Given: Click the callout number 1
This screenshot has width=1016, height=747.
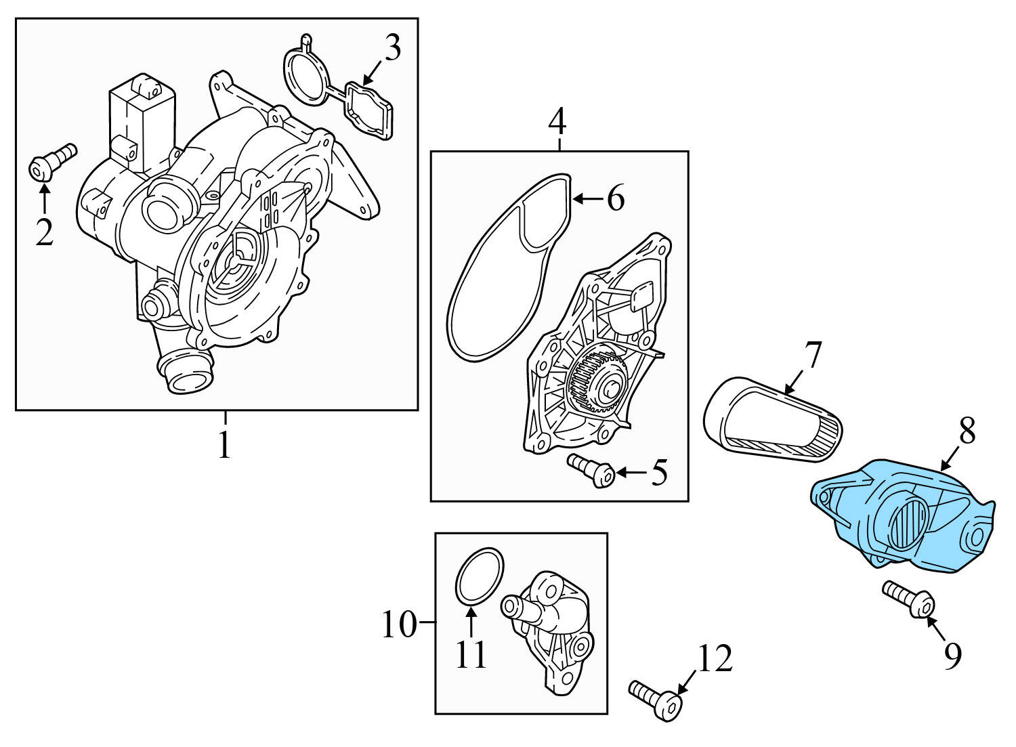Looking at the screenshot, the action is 224,444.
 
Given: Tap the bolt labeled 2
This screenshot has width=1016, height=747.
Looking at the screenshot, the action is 52,162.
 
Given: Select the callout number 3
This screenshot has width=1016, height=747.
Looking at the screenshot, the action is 391,49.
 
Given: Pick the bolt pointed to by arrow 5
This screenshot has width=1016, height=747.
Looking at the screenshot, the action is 591,470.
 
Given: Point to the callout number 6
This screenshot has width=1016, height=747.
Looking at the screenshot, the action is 615,199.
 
